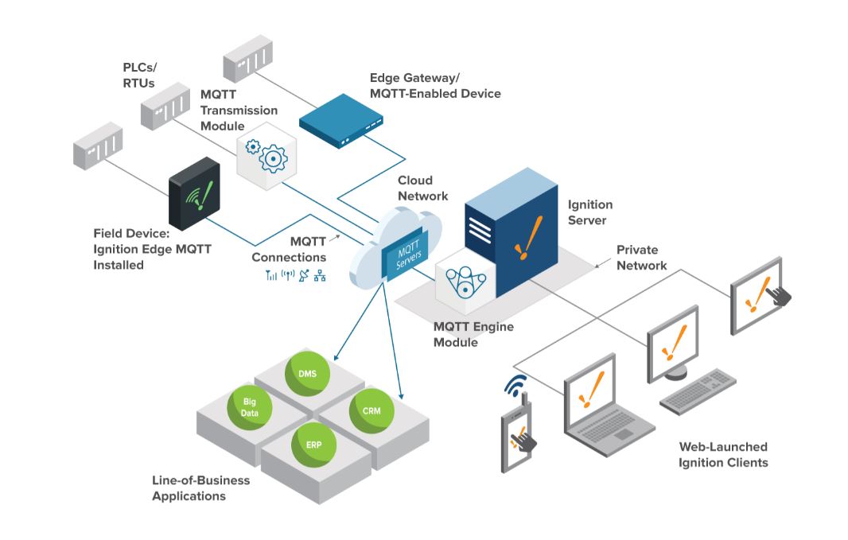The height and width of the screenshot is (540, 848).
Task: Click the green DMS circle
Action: click(307, 373)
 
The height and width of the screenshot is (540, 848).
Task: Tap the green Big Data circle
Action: click(249, 407)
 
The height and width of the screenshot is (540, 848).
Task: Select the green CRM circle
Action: click(371, 411)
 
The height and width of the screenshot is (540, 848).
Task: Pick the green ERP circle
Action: click(313, 445)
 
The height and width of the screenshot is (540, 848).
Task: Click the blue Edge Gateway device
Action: click(341, 120)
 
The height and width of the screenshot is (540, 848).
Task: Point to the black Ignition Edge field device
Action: click(194, 193)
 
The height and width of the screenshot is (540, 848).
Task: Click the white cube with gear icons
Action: click(266, 156)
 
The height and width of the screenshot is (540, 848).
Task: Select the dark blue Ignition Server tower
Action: click(511, 231)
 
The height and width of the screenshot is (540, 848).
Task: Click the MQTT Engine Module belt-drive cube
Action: click(465, 280)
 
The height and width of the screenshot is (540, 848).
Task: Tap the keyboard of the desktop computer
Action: click(698, 391)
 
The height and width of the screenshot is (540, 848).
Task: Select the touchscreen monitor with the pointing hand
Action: click(758, 296)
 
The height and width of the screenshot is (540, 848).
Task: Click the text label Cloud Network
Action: click(423, 188)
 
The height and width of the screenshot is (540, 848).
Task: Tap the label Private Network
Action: click(641, 258)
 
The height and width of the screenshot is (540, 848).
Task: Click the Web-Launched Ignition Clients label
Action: click(723, 455)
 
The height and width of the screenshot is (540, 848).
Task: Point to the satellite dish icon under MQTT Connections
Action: click(304, 276)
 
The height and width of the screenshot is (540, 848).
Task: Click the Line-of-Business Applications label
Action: click(200, 488)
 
